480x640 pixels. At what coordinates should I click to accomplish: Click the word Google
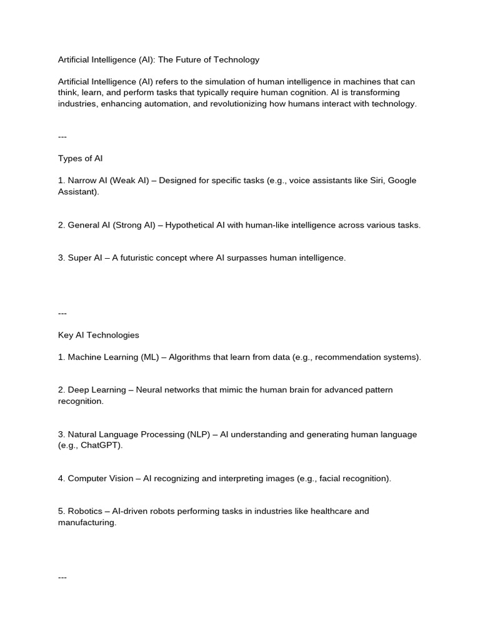tap(402, 181)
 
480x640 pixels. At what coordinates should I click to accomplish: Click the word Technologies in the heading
tap(112, 335)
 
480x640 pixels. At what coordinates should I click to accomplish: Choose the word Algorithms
tap(192, 357)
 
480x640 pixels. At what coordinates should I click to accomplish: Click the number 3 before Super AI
tap(61, 257)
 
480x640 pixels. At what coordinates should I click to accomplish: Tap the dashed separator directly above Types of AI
tap(62, 137)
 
